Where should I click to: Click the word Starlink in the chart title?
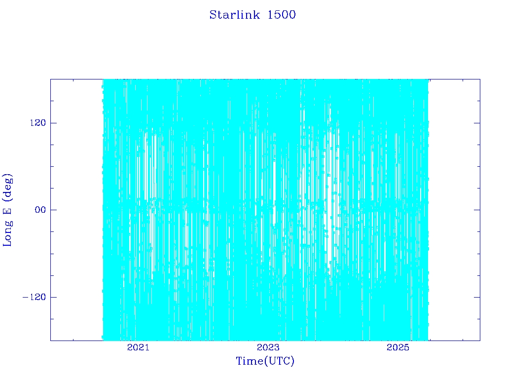[234, 15]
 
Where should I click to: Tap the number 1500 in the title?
[282, 15]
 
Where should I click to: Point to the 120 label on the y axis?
[38, 123]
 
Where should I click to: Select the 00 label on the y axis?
[40, 210]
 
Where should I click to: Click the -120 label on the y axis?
[34, 297]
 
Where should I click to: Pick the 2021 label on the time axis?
[138, 347]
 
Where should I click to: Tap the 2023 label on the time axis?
[268, 347]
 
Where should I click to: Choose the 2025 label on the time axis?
[398, 347]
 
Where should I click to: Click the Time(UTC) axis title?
[265, 361]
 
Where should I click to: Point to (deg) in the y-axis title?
[8, 188]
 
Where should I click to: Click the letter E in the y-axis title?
[7, 211]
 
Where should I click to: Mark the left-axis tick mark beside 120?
[53, 123]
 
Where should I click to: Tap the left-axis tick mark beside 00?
[53, 210]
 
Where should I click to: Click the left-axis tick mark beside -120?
[53, 297]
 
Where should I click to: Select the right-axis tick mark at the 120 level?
[477, 123]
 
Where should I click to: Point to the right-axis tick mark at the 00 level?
[477, 210]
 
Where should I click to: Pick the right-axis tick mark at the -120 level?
[477, 297]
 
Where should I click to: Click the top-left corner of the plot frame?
[51, 79]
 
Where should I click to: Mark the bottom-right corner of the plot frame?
[480, 341]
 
